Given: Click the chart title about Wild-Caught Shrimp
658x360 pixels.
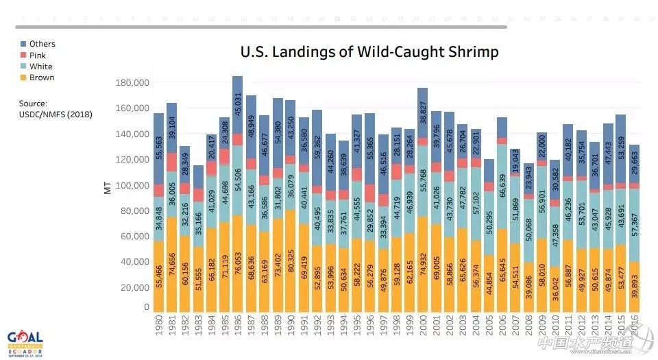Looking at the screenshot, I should (369, 51).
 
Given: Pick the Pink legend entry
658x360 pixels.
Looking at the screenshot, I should (38, 56).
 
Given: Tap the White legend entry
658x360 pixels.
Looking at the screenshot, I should (40, 67).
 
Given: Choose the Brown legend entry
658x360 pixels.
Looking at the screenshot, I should (41, 77).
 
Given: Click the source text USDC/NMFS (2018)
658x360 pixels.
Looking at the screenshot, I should (56, 115).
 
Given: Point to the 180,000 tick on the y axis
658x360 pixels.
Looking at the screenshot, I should (130, 83).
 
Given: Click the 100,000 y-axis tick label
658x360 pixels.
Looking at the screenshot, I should (130, 185).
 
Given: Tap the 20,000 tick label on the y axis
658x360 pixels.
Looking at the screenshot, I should (133, 287).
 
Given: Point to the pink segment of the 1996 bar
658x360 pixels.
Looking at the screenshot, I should (370, 193).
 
